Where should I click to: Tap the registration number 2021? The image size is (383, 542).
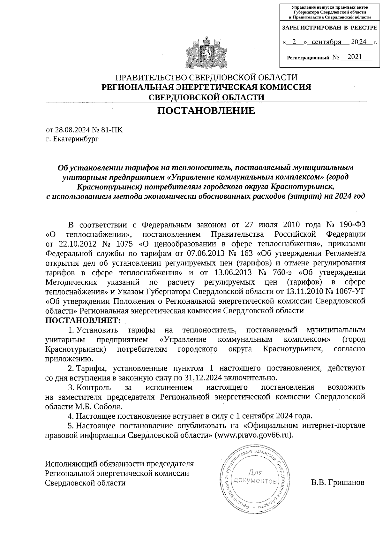pos(355,57)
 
